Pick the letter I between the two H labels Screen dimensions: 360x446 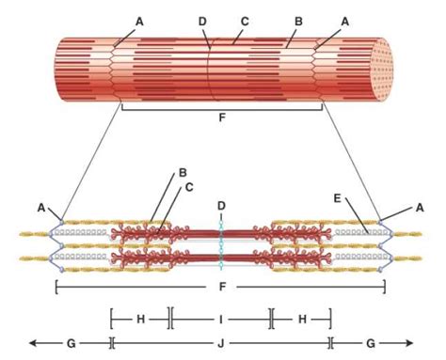tap(222, 319)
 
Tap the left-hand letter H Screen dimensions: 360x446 tap(140, 319)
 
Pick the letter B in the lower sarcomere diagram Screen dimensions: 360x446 tap(183, 173)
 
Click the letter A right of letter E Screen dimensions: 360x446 tap(420, 207)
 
